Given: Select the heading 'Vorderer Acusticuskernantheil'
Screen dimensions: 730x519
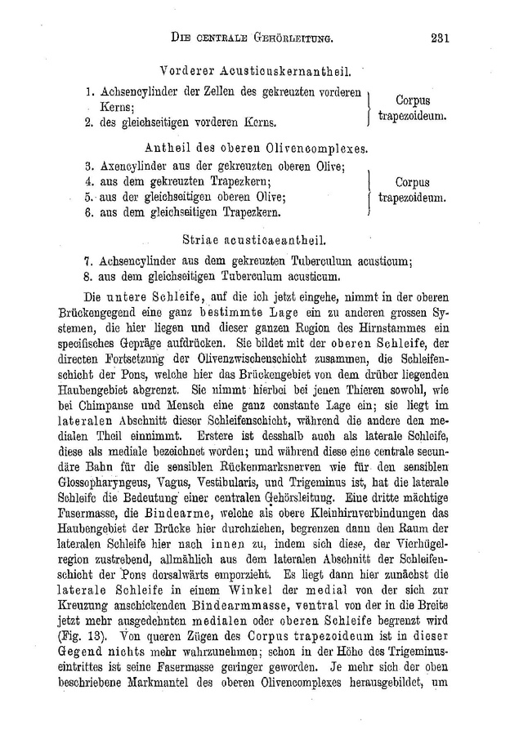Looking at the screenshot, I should tap(261, 71).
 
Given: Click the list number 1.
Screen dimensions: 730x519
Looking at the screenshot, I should tap(87, 92).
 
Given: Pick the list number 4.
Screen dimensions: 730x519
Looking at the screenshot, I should tap(87, 182).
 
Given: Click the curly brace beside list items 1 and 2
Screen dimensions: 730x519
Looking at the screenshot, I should tap(370, 107).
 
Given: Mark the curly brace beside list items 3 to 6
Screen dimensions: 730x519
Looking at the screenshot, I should tap(371, 190).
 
